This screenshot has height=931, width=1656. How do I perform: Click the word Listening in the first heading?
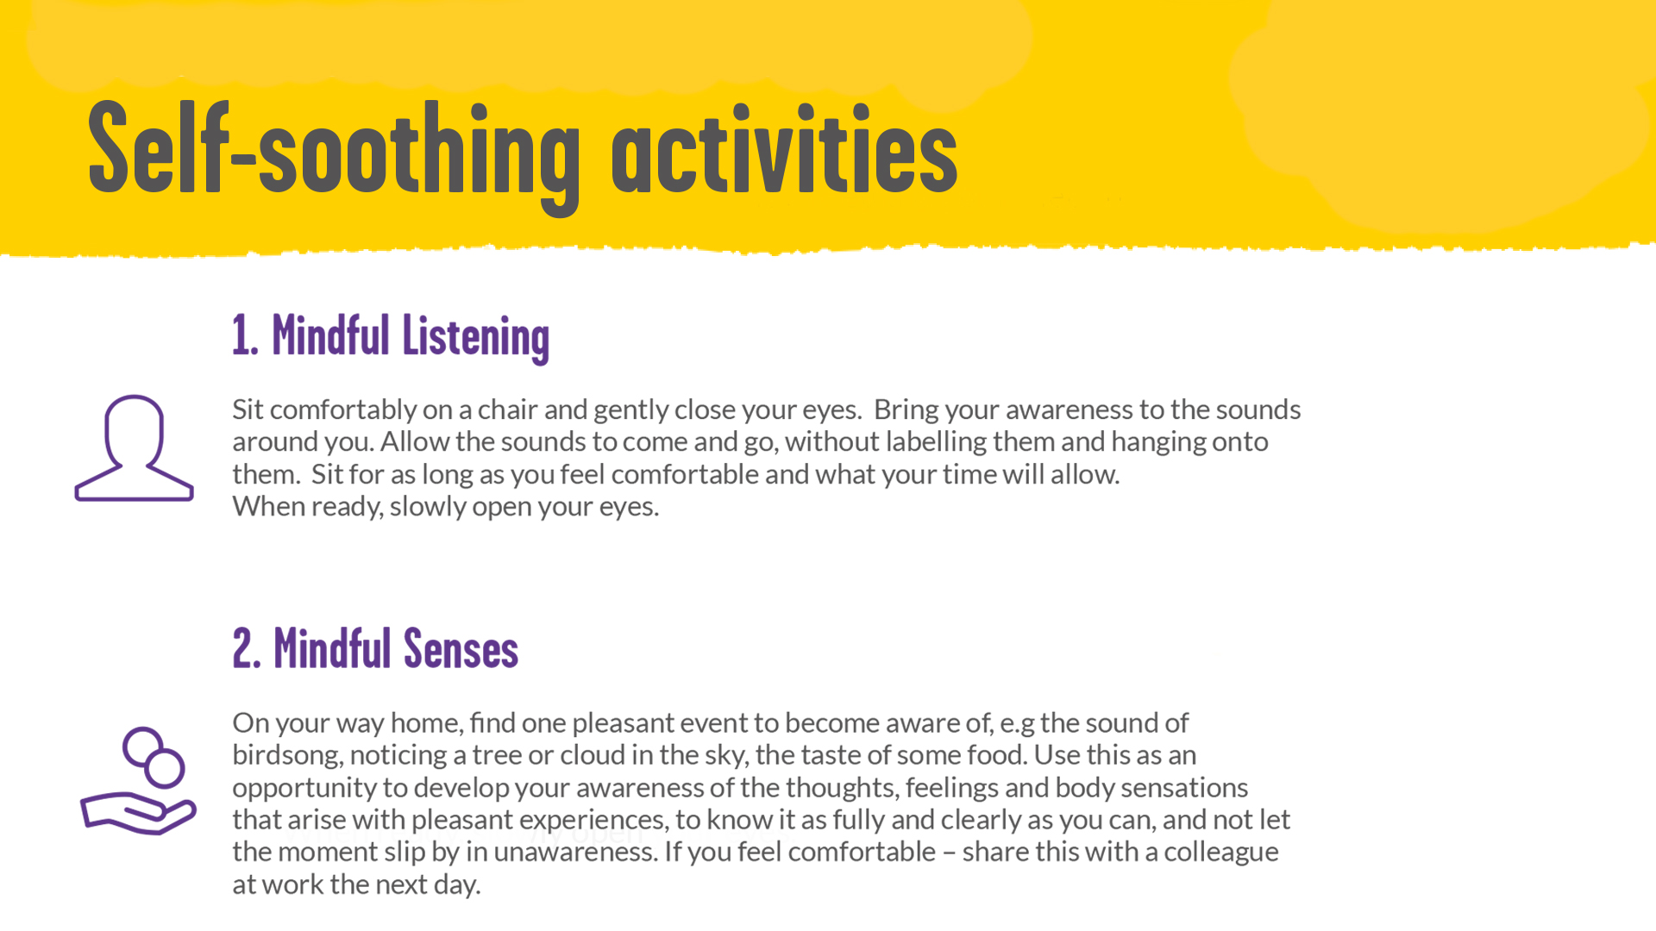(475, 337)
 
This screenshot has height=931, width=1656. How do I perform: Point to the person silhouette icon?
(135, 447)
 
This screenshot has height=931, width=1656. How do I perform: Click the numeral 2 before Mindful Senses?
(246, 648)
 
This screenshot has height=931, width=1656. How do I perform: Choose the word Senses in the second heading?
(461, 648)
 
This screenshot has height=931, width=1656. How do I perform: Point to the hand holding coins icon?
(138, 781)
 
